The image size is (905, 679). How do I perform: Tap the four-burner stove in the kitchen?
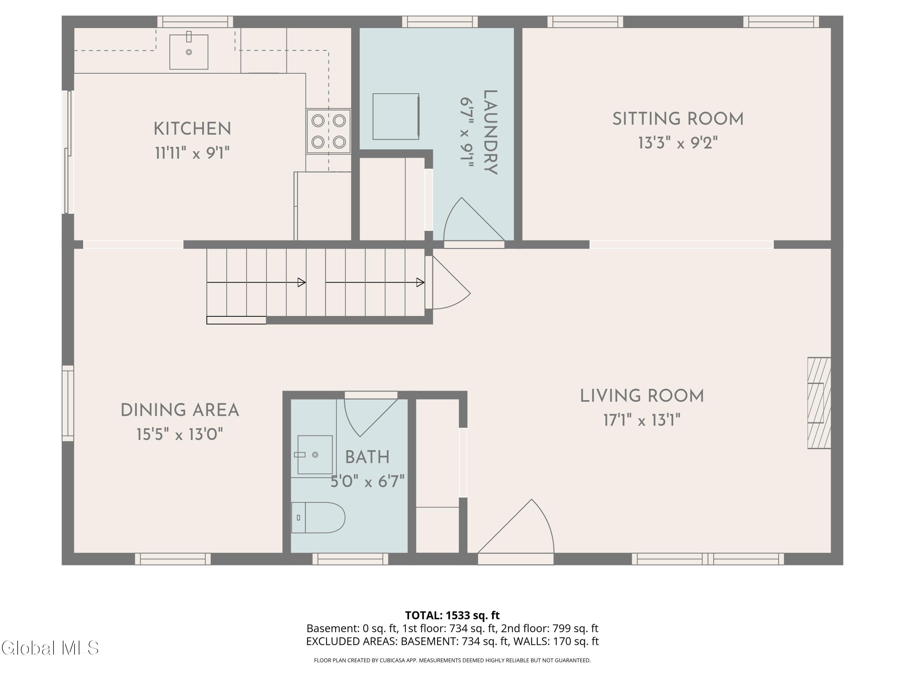coord(329,131)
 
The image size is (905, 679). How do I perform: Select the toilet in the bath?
coord(318,518)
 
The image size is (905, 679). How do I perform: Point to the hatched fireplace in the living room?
coord(819,403)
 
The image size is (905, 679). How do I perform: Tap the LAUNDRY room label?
coord(490,132)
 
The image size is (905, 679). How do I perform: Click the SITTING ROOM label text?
coord(678,119)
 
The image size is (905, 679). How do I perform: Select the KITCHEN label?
coord(192,129)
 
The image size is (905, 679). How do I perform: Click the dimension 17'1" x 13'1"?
coord(642,420)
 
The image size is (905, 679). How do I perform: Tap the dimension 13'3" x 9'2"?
coord(678,143)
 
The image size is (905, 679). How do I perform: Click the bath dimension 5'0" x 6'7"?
coord(367,481)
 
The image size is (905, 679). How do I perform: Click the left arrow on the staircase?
coord(256,282)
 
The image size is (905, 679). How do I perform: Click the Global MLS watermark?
coord(50,648)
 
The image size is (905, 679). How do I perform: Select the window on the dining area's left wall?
coord(68,403)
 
